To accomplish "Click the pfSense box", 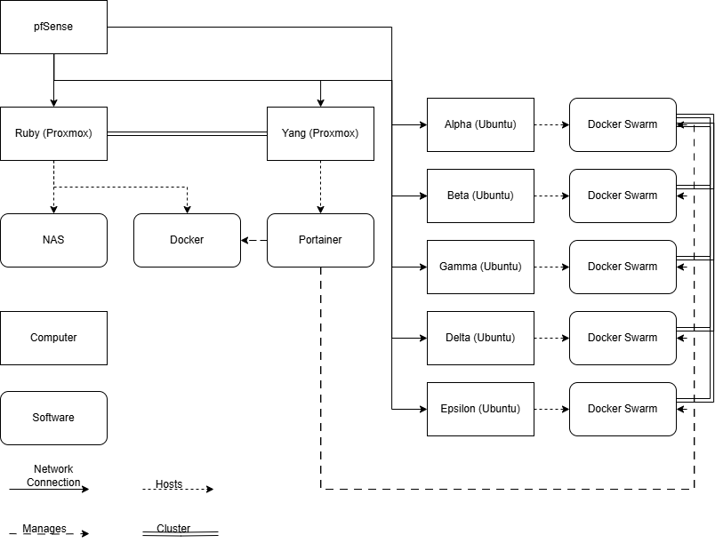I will (53, 27).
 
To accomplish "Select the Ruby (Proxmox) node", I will (53, 133).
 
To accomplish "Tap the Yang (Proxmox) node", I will (320, 133).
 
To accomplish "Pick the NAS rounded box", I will (53, 240).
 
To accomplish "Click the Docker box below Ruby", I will (187, 240).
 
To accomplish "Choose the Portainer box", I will (320, 240).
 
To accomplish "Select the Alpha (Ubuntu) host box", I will (480, 124).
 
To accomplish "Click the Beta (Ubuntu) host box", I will (480, 196).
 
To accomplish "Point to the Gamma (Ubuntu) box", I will (480, 267).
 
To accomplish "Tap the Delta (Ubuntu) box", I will (480, 338).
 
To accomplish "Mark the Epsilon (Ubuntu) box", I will (480, 409).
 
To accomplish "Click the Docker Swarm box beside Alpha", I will (623, 124).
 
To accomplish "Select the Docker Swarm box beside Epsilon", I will (623, 409).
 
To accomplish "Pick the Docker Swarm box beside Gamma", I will (623, 267).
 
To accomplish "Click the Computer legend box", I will (53, 338).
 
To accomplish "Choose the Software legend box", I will (53, 418).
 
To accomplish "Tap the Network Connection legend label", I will (53, 475).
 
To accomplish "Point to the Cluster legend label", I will (173, 529).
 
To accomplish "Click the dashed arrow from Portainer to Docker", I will (254, 240).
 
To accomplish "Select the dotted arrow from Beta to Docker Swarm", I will (551, 196).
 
